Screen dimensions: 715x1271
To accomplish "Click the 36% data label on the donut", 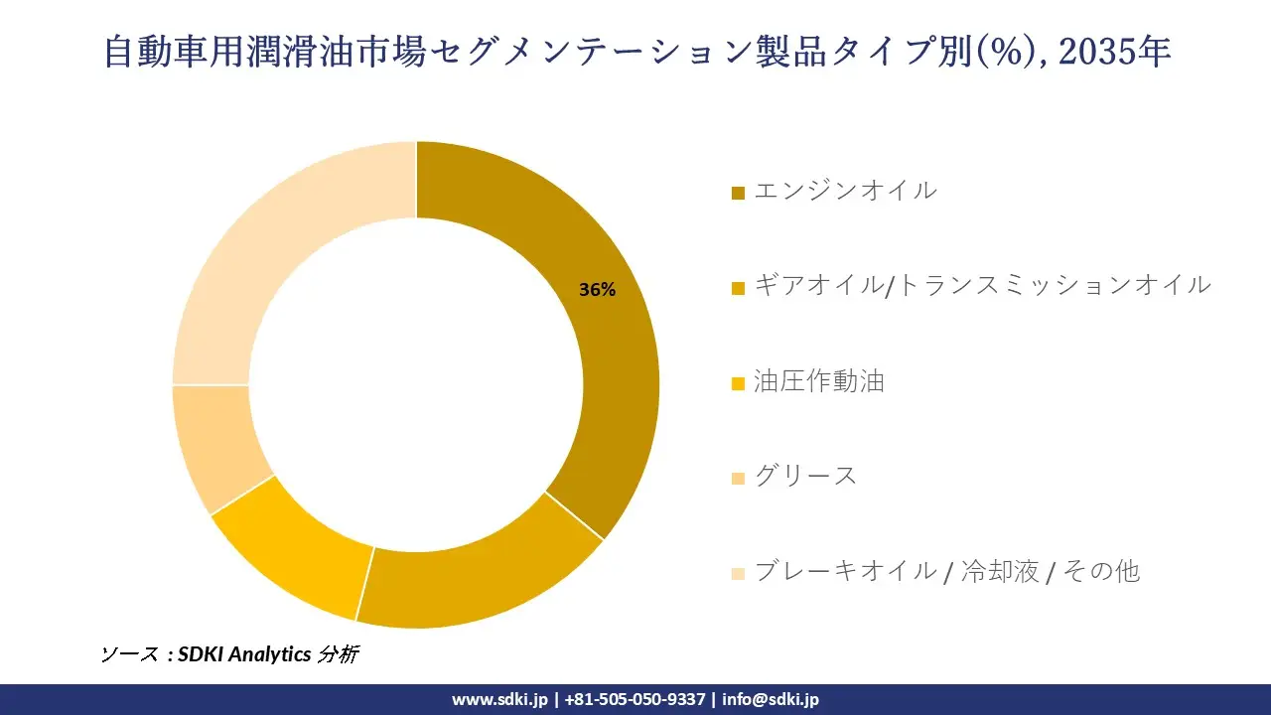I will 597,290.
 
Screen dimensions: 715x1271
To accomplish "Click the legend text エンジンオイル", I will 844,190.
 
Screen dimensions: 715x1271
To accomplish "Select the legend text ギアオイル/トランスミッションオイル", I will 982,285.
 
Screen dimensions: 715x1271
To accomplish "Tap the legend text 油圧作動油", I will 818,380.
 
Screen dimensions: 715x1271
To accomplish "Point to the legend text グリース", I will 805,476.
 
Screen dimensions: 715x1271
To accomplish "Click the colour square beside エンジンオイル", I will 738,193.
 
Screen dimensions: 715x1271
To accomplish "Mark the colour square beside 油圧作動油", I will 738,383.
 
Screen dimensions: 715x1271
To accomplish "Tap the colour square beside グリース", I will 738,479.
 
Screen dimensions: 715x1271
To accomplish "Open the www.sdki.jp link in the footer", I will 499,699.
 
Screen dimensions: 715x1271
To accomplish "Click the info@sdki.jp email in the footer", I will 771,699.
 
